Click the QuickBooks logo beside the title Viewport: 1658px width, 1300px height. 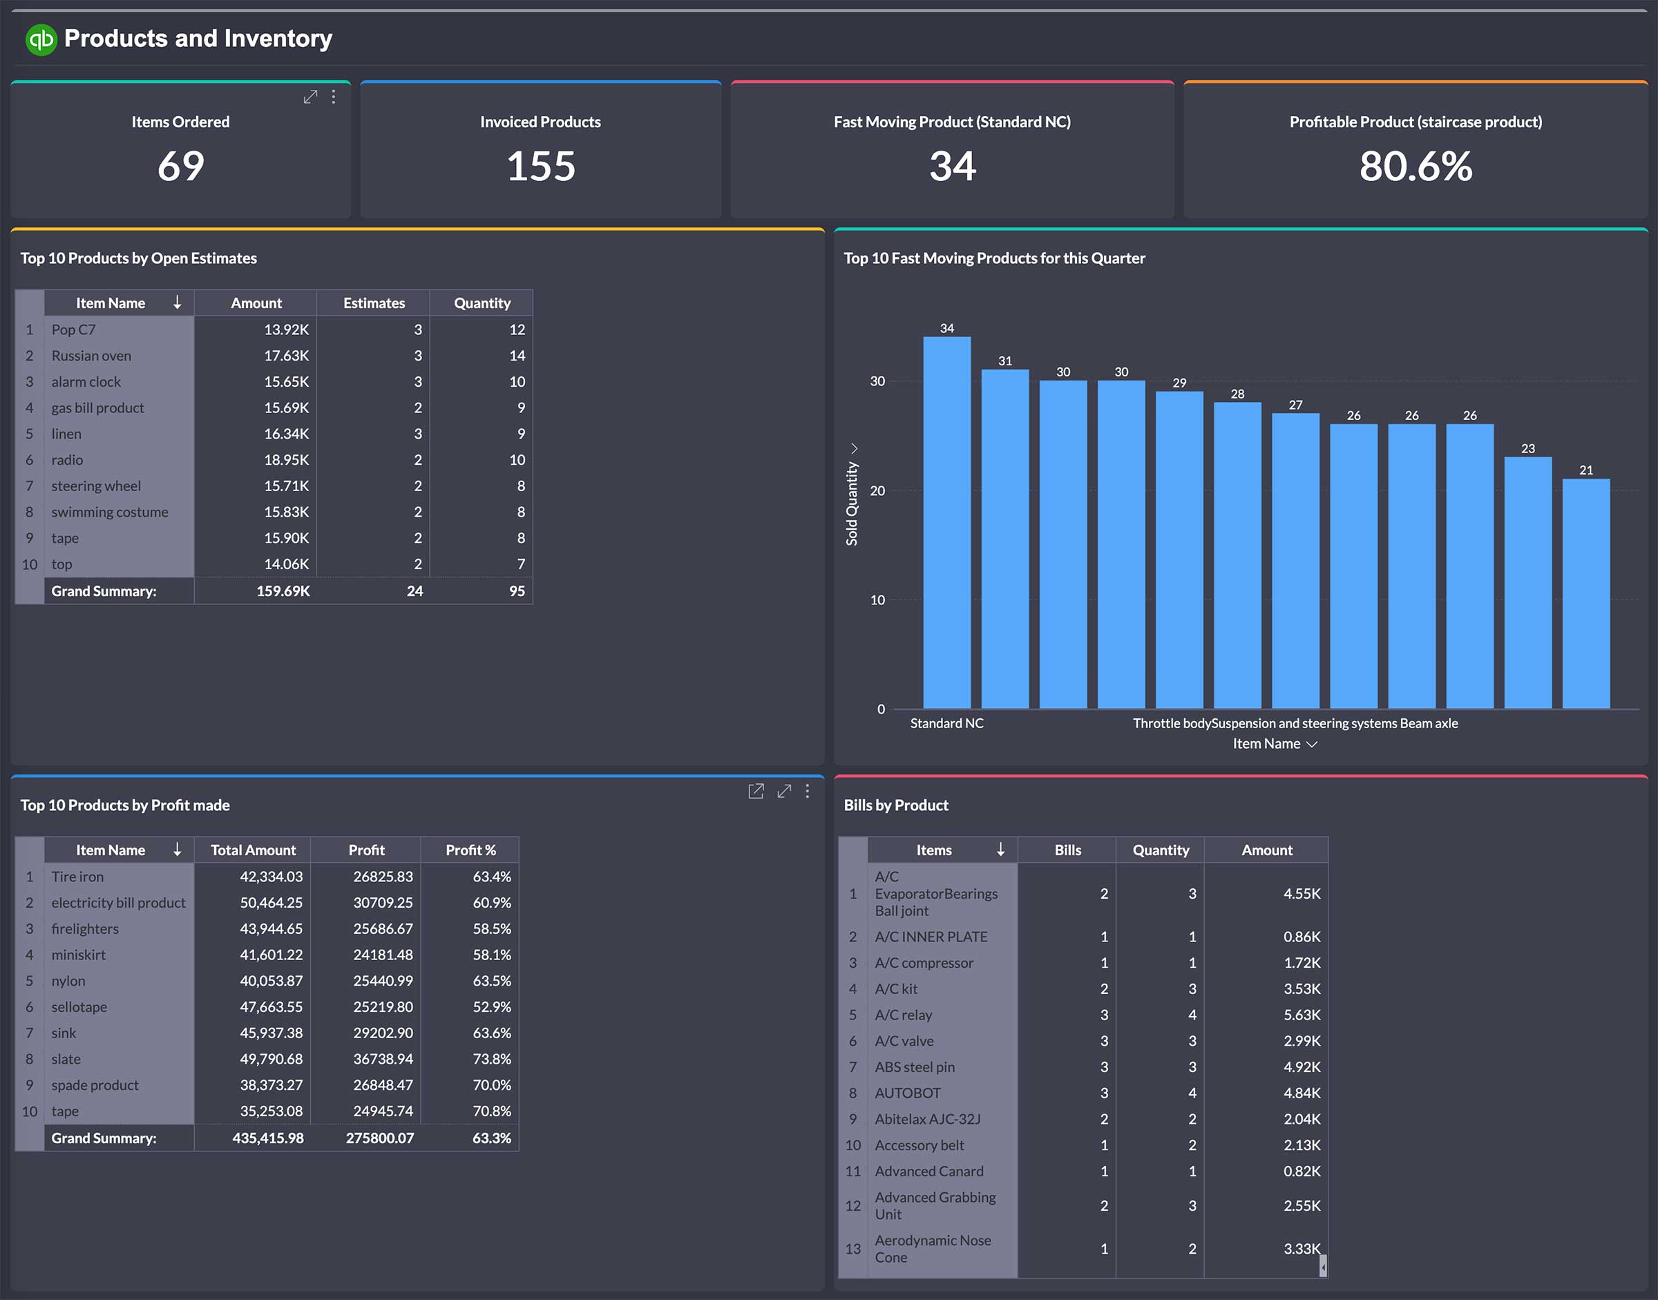[41, 39]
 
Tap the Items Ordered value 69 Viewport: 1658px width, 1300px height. [180, 166]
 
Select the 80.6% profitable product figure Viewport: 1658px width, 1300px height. [1415, 166]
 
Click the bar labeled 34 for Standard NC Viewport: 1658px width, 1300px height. [946, 522]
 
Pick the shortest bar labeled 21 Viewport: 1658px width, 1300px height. [1585, 593]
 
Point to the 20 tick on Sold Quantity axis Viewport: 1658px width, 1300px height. [877, 491]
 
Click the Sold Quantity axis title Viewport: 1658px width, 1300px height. [852, 503]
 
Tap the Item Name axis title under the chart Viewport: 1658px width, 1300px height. [1266, 744]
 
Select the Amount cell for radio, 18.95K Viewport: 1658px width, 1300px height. [286, 460]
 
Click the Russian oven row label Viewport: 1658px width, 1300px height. [91, 356]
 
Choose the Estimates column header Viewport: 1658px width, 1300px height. [374, 303]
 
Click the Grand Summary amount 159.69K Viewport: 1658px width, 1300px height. [283, 591]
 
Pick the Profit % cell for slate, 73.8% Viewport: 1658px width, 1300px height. [491, 1059]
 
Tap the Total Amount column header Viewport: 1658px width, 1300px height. [253, 850]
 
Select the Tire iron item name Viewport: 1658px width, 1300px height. [77, 877]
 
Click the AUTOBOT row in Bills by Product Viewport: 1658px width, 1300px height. [907, 1093]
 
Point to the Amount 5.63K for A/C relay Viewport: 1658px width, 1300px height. [1301, 1015]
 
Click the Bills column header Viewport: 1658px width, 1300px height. [1067, 850]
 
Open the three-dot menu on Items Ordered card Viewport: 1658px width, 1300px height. [334, 97]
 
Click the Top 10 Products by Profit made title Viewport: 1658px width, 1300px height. [125, 805]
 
